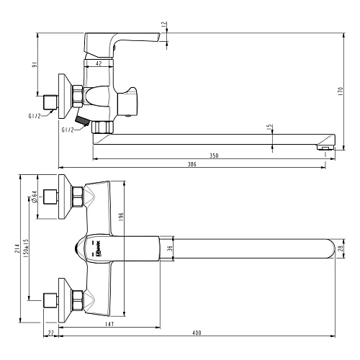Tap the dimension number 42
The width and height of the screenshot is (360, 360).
point(99,64)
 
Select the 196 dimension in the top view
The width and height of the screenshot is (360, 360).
point(122,215)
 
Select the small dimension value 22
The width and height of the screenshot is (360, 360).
point(50,332)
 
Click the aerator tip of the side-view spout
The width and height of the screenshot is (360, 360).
point(326,148)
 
